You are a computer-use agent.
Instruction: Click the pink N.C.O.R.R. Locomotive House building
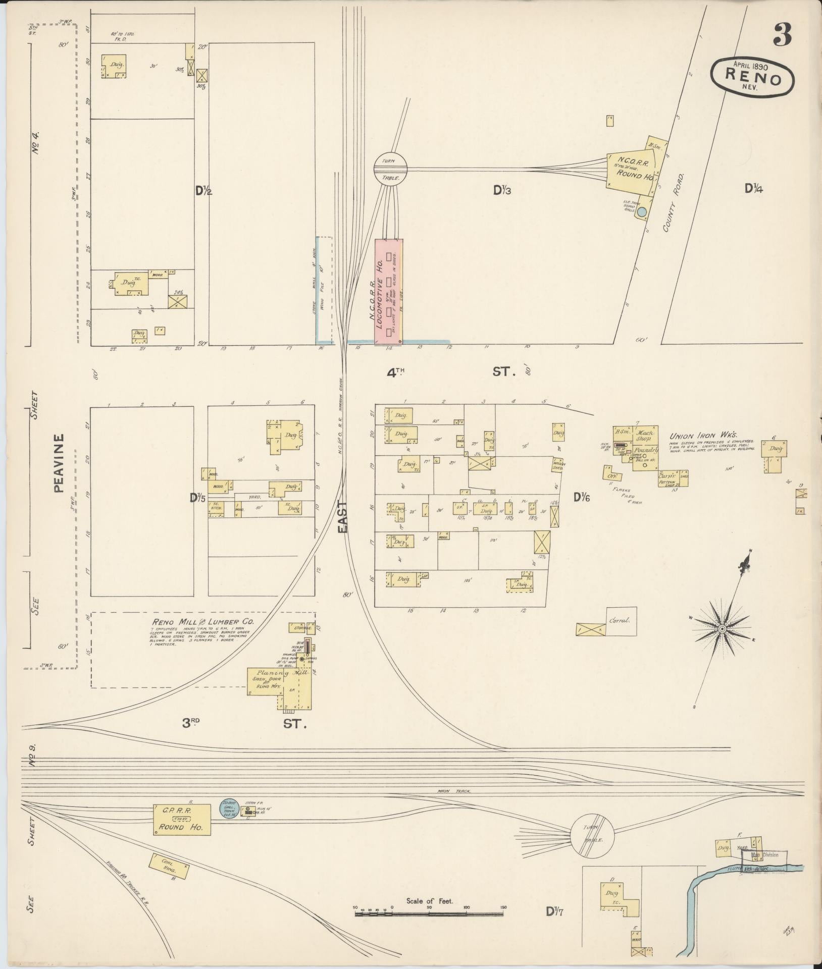point(388,292)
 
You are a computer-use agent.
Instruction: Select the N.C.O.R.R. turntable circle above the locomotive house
point(390,169)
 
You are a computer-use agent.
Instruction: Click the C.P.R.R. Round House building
point(182,819)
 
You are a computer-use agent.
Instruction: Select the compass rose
point(722,628)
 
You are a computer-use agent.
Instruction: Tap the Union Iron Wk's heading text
point(703,436)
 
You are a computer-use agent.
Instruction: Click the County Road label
point(673,203)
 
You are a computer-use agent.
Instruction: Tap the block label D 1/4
point(754,188)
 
